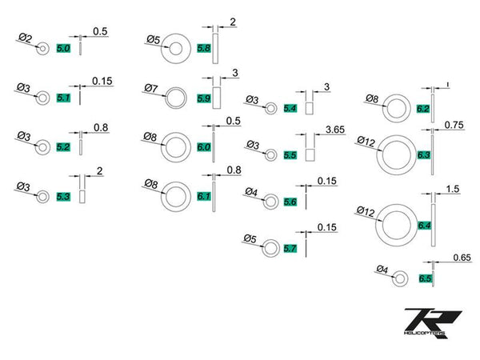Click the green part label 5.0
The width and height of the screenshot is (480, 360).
64,50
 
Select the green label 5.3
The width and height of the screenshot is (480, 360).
64,196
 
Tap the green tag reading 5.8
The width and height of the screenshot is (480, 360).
203,50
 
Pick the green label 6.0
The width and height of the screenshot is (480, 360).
203,148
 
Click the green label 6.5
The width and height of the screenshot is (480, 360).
425,278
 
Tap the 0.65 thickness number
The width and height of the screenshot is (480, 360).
460,257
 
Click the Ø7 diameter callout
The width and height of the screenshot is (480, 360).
152,87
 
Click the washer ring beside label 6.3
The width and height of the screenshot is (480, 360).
396,154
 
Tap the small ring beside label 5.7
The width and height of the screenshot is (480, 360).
272,247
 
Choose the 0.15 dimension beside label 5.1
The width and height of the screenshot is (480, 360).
102,81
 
